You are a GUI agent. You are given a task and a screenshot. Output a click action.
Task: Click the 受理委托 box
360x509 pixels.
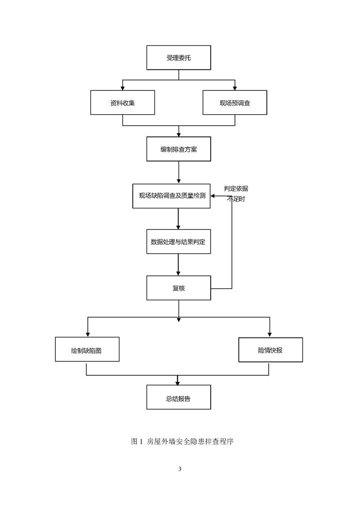pyautogui.click(x=179, y=58)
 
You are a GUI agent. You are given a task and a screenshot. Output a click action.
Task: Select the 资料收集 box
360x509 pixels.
pyautogui.click(x=122, y=103)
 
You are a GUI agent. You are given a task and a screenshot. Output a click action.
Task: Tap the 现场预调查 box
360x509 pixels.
pyautogui.click(x=235, y=103)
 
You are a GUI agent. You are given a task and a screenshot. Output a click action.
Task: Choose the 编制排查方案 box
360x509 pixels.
pyautogui.click(x=179, y=149)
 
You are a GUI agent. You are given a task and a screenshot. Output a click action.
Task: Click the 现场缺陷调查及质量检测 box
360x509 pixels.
pyautogui.click(x=171, y=196)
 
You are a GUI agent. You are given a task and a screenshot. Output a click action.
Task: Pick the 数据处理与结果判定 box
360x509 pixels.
pyautogui.click(x=179, y=242)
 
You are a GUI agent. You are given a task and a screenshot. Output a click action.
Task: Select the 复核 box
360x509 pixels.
pyautogui.click(x=179, y=288)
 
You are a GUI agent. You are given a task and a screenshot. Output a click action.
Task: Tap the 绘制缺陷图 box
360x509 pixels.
pyautogui.click(x=87, y=349)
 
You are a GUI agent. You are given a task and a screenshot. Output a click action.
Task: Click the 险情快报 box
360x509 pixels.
pyautogui.click(x=270, y=350)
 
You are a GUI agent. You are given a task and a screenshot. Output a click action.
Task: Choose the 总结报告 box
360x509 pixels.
pyautogui.click(x=179, y=397)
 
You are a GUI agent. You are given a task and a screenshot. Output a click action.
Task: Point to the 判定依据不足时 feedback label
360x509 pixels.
pyautogui.click(x=236, y=194)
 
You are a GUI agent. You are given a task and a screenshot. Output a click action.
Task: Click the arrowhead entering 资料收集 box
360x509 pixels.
pyautogui.click(x=123, y=88)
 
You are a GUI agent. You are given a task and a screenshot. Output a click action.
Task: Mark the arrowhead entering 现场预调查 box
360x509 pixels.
pyautogui.click(x=235, y=88)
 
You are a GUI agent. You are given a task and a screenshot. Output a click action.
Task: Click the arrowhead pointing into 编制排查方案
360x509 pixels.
pyautogui.click(x=179, y=135)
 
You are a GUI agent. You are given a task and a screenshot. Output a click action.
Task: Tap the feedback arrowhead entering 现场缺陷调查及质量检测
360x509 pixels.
pyautogui.click(x=213, y=196)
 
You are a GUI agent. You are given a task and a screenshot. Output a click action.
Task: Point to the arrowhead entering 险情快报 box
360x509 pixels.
pyautogui.click(x=270, y=335)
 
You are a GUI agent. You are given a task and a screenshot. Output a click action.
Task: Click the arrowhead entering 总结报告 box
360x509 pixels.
pyautogui.click(x=178, y=383)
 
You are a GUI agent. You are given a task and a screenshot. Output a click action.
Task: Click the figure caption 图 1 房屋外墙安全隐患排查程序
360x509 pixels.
pyautogui.click(x=182, y=441)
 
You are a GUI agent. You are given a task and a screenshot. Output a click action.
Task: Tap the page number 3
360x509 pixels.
pyautogui.click(x=180, y=469)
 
